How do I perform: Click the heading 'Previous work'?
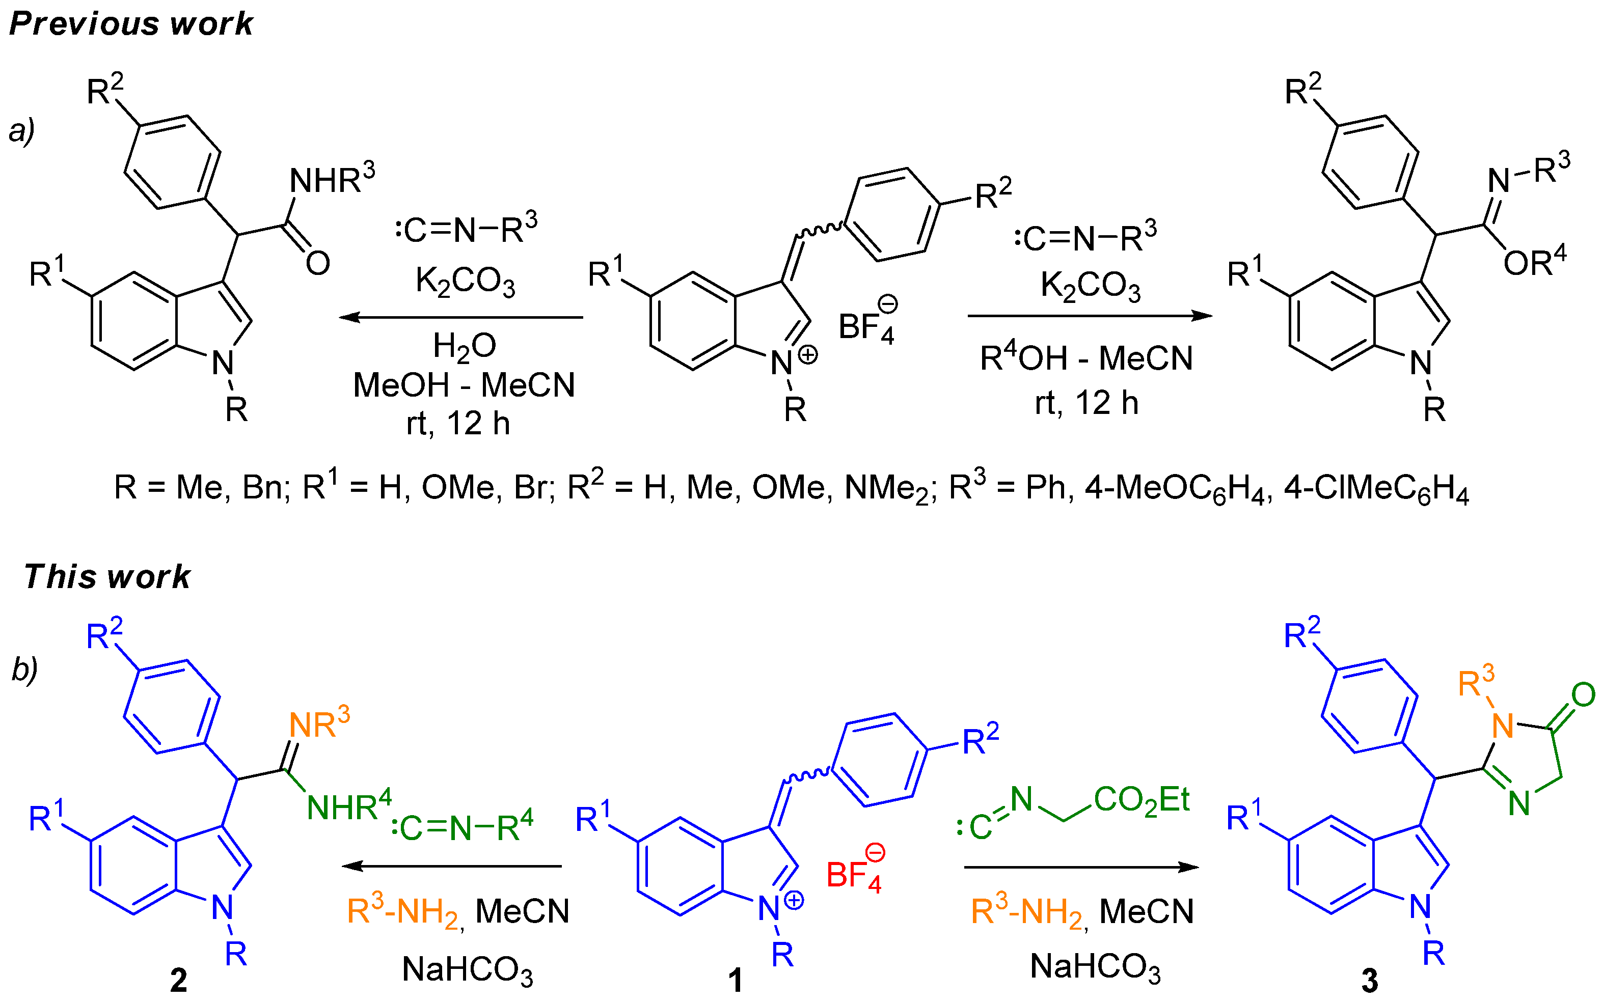coord(131,24)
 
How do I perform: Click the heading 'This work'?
coord(107,576)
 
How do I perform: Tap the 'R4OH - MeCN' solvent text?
coord(1086,359)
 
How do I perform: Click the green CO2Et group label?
coord(1141,800)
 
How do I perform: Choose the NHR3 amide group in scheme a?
coord(332,179)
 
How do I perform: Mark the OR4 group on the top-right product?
coord(1534,263)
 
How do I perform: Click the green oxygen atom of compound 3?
coord(1583,695)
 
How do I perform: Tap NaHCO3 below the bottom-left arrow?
coord(467,970)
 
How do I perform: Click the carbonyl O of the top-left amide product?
coord(318,263)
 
